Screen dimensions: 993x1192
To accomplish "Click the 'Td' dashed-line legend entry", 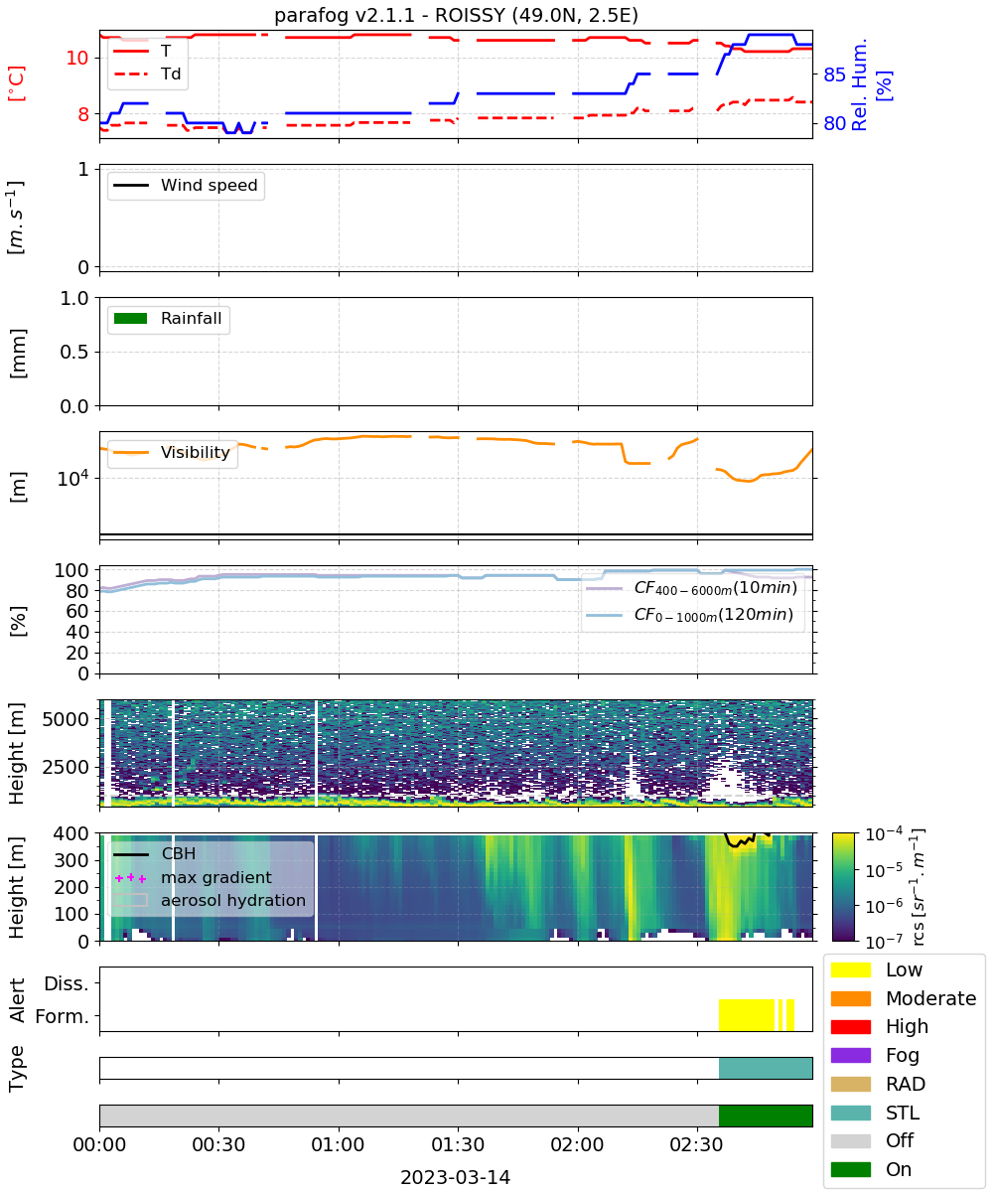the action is [x=147, y=74].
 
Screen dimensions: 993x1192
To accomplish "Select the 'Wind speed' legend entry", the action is [x=186, y=185].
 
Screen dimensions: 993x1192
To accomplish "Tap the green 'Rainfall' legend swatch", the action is [x=130, y=318].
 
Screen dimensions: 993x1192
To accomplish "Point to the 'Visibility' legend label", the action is [x=196, y=452].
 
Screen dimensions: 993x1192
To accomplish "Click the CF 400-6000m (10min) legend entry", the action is [x=691, y=588].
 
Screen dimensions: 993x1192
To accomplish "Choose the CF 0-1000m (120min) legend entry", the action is [x=689, y=615].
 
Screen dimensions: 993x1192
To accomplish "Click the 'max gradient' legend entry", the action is [x=193, y=877].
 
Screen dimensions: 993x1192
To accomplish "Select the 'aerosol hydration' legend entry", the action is [x=210, y=900].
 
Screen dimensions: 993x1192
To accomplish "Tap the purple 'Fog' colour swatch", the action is [x=850, y=1055].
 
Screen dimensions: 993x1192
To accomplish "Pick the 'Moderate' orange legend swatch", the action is [x=850, y=998].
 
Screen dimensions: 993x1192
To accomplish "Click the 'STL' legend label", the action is [x=903, y=1113].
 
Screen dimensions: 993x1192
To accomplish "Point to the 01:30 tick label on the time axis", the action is [x=458, y=1144].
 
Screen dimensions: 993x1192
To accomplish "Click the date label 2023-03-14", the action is [x=455, y=1177].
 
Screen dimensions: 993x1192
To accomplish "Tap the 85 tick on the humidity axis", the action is [x=834, y=74].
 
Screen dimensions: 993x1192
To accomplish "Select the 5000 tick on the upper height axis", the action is [x=66, y=719].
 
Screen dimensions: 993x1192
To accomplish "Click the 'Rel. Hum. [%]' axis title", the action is [x=871, y=84].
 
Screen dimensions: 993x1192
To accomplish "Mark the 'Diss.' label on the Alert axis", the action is [x=67, y=983].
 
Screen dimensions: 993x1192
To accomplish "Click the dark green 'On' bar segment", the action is [x=766, y=1116].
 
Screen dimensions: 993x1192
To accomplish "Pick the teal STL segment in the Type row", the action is [x=766, y=1068].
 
